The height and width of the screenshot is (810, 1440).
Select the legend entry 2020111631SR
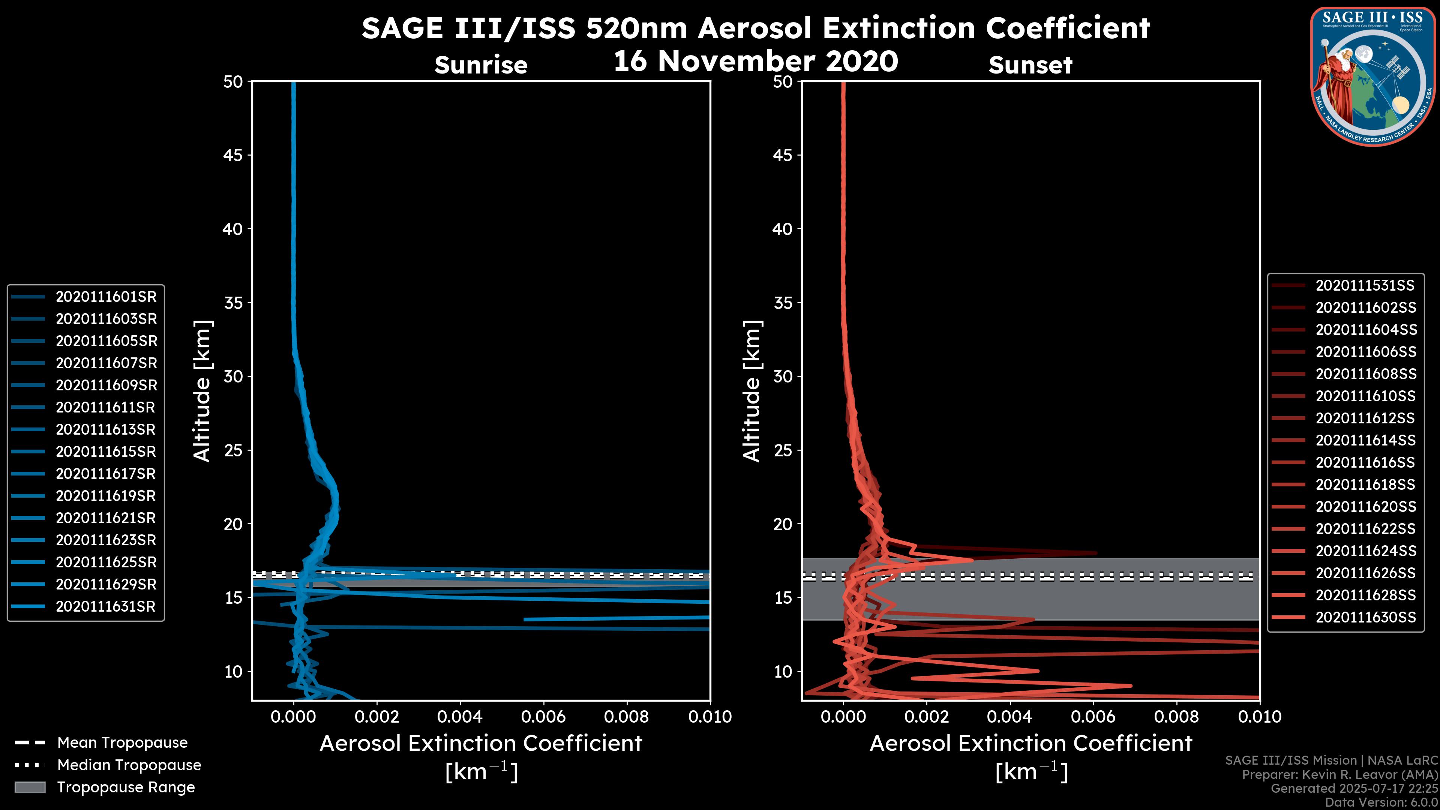106,606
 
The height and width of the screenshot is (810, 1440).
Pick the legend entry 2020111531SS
1365,286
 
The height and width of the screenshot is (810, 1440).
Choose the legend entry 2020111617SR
106,474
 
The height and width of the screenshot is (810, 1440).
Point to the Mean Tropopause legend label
122,742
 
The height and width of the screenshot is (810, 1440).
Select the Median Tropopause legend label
129,765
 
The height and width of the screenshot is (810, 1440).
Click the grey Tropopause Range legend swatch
30,787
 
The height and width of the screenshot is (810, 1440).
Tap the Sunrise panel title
481,65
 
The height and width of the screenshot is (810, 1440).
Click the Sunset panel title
1030,65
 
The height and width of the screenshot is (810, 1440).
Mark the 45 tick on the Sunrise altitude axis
233,155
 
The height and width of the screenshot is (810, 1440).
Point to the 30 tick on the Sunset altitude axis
783,376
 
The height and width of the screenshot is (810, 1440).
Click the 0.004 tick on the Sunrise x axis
460,717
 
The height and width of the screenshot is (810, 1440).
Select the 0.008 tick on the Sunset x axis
1177,717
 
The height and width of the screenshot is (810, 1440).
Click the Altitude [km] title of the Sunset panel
752,391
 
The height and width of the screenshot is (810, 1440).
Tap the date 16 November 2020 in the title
756,61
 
